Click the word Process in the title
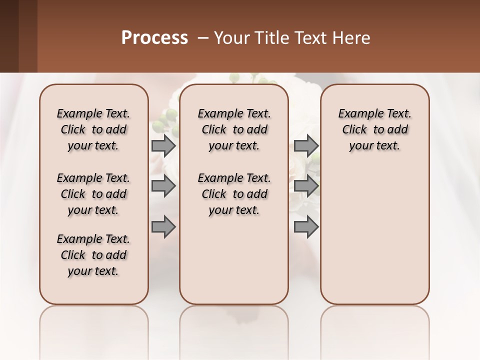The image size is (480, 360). pos(154,38)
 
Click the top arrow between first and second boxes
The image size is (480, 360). pos(163,145)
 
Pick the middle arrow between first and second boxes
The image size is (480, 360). pos(163,186)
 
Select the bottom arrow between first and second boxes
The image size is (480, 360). pos(163,226)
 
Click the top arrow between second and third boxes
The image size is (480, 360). pos(306,145)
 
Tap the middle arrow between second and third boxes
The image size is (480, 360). pos(306,186)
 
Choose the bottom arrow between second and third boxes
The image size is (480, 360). pos(306,226)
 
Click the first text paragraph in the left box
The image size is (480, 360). pos(93,129)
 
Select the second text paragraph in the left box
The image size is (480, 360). pos(93,194)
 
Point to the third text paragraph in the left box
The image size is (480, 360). pos(93,255)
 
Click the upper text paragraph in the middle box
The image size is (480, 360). pos(234,129)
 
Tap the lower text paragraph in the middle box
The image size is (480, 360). pos(234,194)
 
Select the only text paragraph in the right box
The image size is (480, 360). pos(374,129)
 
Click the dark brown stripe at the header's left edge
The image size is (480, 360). pos(9,36)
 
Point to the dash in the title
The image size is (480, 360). pos(203,38)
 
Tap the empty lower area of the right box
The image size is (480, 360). pos(374,235)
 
